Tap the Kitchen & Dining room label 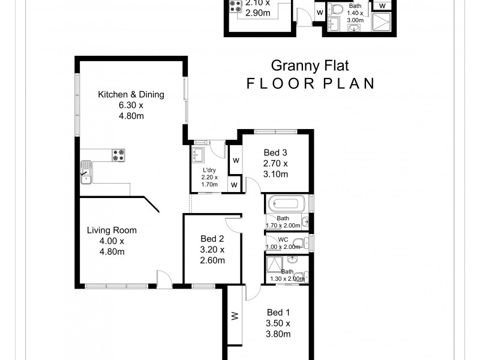131,94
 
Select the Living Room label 112,230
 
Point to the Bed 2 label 213,239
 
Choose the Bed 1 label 278,313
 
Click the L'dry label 210,170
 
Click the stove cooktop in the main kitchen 118,154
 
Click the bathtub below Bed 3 287,203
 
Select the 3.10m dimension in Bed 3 275,174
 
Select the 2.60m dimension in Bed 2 213,260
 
